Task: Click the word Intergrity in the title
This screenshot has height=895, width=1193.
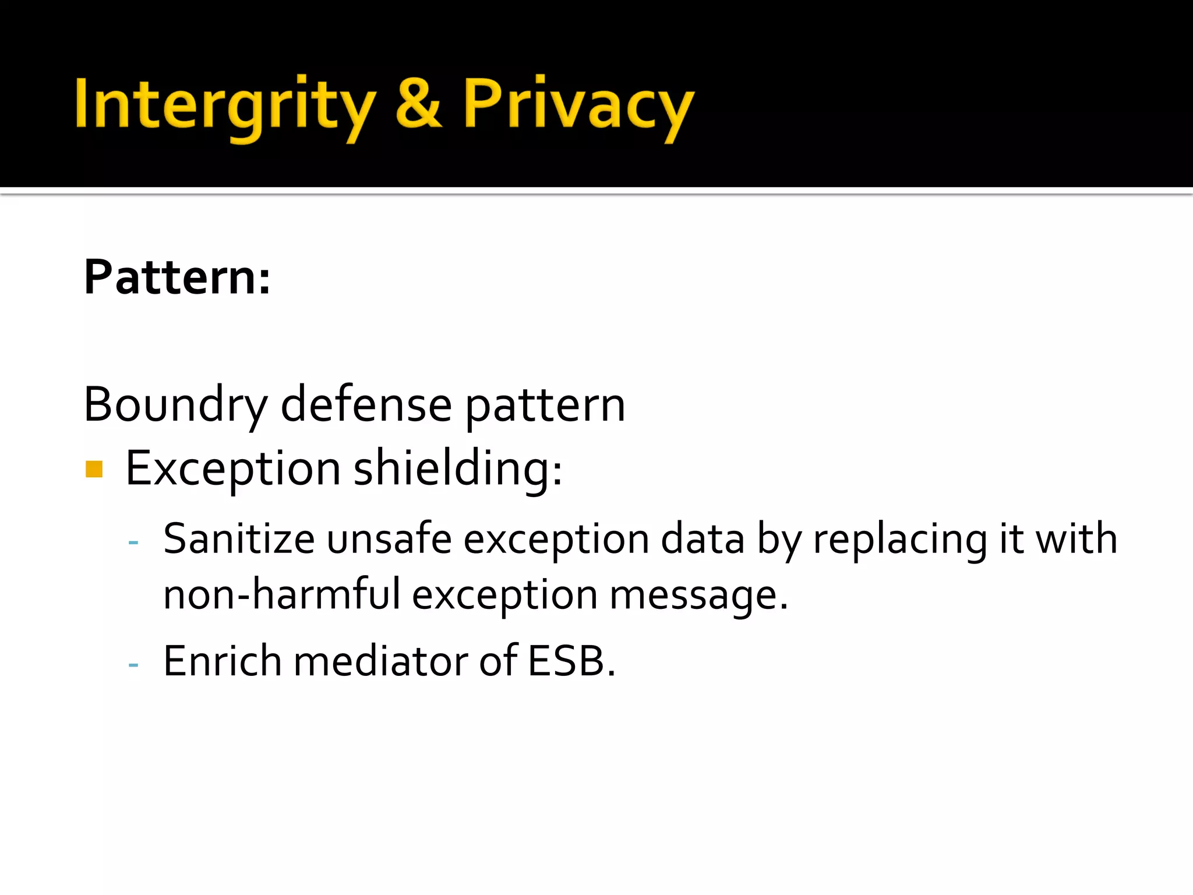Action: (224, 105)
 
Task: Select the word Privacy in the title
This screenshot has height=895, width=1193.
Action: (578, 105)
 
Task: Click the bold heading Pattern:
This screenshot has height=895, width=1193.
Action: (177, 277)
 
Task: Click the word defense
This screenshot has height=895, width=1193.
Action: (366, 406)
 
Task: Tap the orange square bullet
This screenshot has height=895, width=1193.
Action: (94, 469)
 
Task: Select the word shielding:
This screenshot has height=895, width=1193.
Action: (458, 468)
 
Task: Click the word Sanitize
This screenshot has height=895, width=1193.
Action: (239, 539)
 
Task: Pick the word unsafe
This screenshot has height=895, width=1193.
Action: (389, 539)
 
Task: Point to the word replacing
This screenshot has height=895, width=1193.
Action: (900, 539)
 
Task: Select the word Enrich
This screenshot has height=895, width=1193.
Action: (223, 661)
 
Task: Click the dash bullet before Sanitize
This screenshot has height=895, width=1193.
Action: (133, 542)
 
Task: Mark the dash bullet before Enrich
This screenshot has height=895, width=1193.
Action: (133, 664)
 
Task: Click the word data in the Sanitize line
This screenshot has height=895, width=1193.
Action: (703, 539)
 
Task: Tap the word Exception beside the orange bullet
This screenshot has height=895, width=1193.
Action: (233, 468)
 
